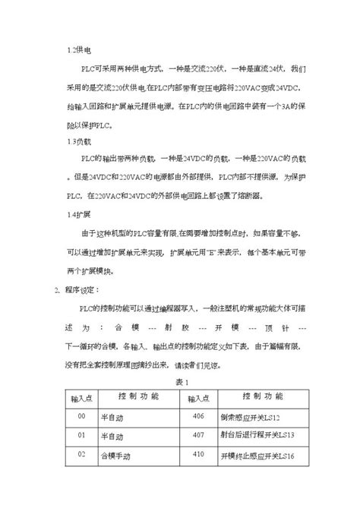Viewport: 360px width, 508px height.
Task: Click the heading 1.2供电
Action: coord(79,49)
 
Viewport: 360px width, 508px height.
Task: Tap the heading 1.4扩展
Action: coord(79,215)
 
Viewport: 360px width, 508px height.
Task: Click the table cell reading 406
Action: coord(200,416)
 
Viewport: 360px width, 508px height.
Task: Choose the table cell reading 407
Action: coord(200,435)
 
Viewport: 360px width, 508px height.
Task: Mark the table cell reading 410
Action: coord(200,454)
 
